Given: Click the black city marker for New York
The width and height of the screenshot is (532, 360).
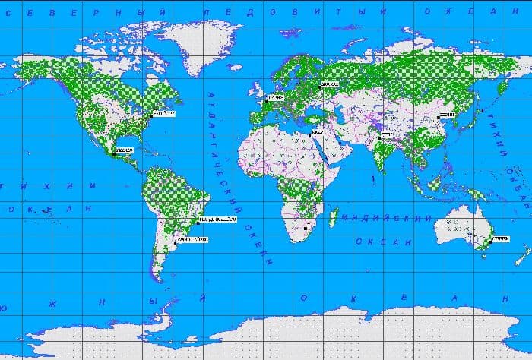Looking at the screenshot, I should (150, 115).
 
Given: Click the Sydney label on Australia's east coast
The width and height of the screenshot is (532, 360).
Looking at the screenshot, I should (500, 238).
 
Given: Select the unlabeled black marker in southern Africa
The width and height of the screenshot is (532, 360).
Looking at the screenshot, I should (306, 227).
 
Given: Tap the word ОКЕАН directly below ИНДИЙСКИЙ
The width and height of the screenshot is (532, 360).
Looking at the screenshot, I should (376, 242).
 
